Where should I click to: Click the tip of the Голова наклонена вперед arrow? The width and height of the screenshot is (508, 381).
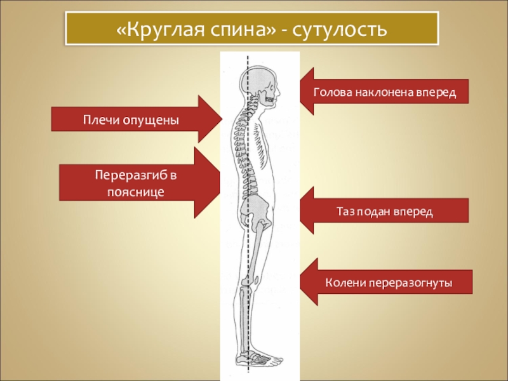pos(300,92)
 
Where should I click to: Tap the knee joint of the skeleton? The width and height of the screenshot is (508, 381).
pos(251,279)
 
